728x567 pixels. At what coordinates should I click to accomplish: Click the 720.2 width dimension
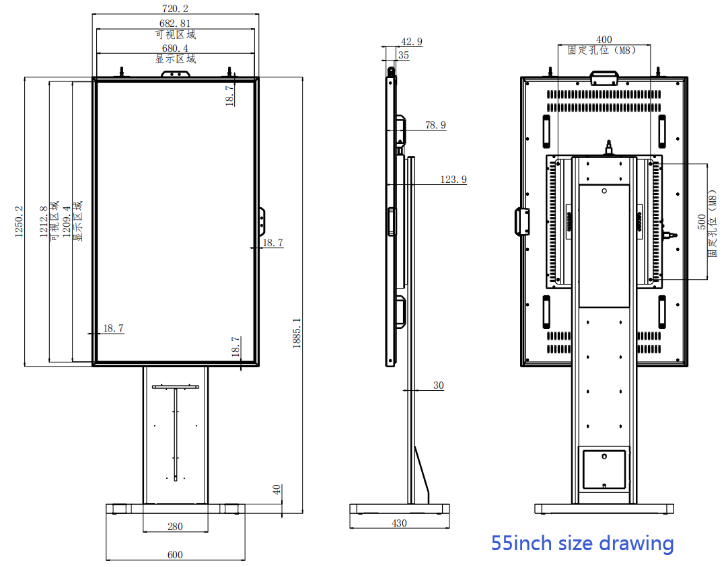175,8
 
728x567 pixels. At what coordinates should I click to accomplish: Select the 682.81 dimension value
175,23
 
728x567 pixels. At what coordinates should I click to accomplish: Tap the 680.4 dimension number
175,48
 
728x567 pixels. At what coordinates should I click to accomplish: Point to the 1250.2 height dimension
19,222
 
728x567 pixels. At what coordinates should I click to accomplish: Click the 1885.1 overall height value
297,333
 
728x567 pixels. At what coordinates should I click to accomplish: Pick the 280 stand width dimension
175,526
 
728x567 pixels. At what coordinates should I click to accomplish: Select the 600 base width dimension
175,554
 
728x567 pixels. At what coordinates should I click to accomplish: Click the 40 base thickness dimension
277,490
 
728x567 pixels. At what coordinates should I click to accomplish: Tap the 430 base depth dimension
399,523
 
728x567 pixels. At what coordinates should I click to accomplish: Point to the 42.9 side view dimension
412,42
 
